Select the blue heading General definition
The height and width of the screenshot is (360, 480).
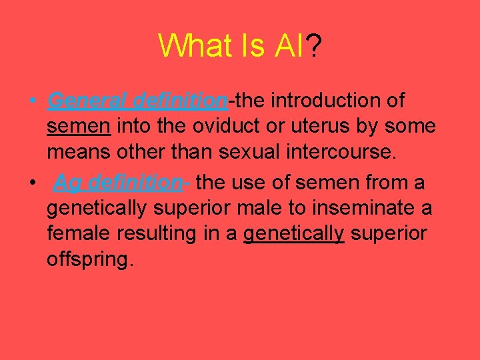(138, 101)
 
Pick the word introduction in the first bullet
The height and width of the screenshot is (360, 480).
(319, 101)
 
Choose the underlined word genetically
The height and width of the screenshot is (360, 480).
(293, 234)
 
